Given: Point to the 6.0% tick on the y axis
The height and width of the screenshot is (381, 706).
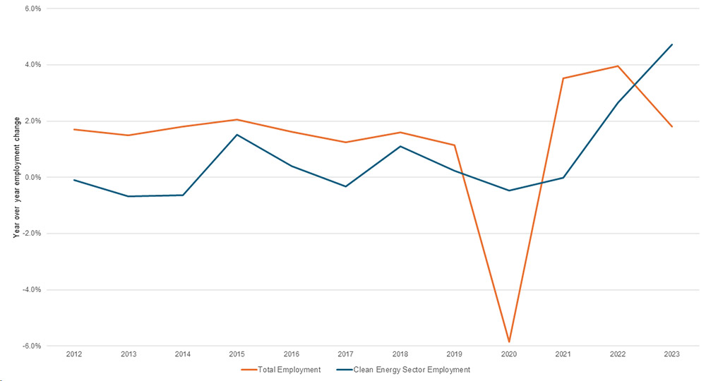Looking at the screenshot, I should (x=32, y=8).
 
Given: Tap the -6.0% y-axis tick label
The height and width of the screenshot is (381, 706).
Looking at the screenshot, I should (x=31, y=346).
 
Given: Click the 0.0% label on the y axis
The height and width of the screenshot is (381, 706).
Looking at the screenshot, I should (x=32, y=177).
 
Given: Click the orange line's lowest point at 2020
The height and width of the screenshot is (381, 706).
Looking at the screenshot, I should (x=509, y=342).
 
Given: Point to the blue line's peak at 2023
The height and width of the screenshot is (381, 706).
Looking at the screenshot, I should (x=672, y=44).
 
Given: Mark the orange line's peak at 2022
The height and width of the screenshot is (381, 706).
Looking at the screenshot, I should (x=618, y=66).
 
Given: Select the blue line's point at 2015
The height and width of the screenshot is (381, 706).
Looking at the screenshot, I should (x=237, y=134).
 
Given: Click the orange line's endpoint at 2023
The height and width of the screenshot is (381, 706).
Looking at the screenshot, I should (x=672, y=126).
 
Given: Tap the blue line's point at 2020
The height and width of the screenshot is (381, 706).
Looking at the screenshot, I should (x=509, y=190).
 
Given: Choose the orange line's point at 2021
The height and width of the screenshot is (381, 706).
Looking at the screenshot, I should (x=563, y=78).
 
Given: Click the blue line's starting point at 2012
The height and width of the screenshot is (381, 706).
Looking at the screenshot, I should (x=74, y=180).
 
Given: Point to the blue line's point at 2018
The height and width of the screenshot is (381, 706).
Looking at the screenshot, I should (x=400, y=146).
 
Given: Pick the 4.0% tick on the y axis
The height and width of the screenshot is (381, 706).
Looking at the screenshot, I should (x=32, y=65).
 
